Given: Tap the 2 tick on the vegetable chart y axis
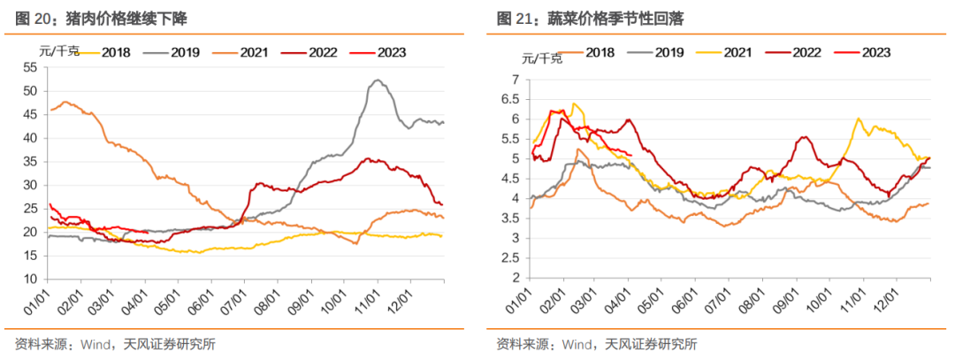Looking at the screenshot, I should (513, 278).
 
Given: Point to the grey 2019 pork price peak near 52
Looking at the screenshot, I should (378, 80).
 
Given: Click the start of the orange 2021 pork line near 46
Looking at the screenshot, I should (52, 110).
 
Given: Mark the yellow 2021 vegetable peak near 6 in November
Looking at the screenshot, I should (858, 119).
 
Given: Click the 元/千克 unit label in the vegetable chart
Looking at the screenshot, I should (542, 59).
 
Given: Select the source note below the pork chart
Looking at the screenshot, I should (115, 344).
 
